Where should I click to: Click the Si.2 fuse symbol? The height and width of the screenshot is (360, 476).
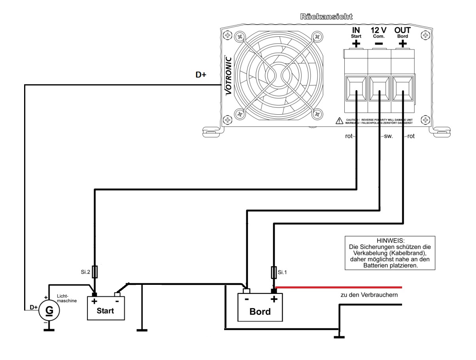[94, 272]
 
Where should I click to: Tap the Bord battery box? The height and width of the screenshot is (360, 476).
[260, 307]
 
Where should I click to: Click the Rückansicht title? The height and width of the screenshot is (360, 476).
[326, 17]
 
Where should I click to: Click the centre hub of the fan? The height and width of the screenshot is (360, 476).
[272, 75]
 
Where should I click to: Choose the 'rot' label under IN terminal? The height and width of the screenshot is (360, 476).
[348, 136]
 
